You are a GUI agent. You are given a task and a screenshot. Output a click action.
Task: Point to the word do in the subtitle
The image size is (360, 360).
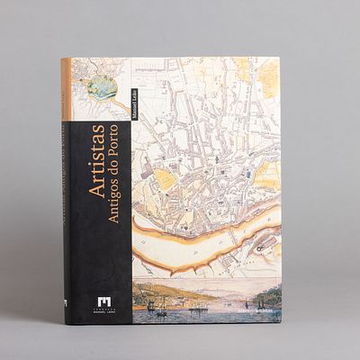[113, 166]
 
